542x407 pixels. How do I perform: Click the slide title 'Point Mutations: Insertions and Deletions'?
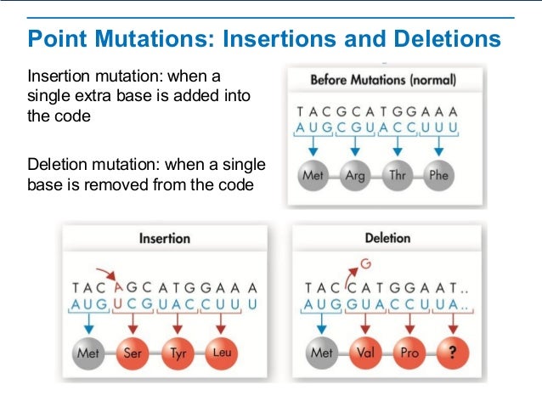(x=263, y=39)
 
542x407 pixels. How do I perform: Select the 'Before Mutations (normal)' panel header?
(x=382, y=81)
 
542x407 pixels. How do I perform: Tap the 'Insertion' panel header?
(x=164, y=239)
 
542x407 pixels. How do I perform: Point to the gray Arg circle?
(x=355, y=177)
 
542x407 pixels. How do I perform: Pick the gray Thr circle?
(x=397, y=177)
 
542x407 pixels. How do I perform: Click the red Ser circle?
(x=133, y=352)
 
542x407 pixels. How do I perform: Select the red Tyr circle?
(x=177, y=352)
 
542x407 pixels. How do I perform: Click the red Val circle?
(x=367, y=352)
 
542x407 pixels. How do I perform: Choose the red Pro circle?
(x=409, y=352)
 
